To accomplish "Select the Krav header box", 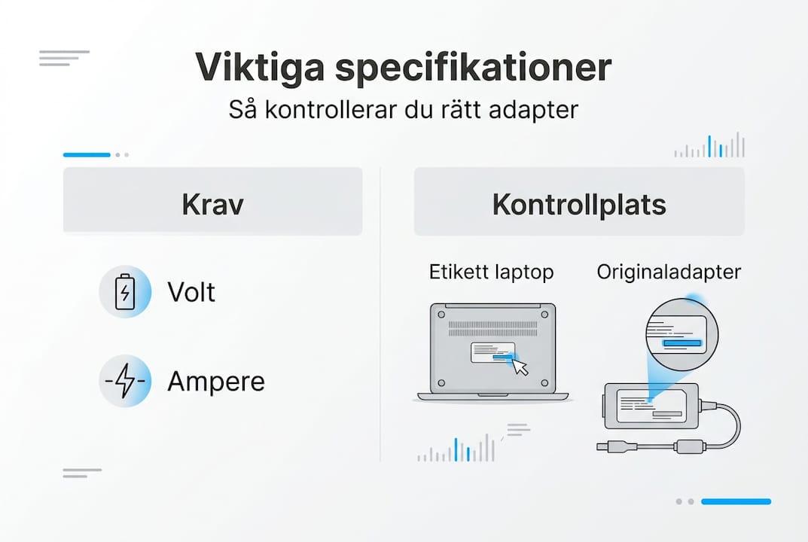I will (x=212, y=202).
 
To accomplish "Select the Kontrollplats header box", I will (x=579, y=202).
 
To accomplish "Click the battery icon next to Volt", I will (x=125, y=291).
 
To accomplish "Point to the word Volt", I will (x=191, y=291).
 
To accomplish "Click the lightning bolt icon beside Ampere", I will (x=125, y=381).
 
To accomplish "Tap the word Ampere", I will (x=216, y=382).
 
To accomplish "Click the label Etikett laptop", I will (x=491, y=272).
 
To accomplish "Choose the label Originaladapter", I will (x=669, y=272).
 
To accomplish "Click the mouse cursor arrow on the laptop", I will (x=520, y=366).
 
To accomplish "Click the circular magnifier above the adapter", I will (x=682, y=330).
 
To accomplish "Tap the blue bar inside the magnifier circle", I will (x=682, y=343).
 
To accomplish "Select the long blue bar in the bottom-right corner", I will (x=736, y=501).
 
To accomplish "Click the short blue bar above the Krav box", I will (x=87, y=154).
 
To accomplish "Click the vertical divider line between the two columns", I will (x=380, y=316).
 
